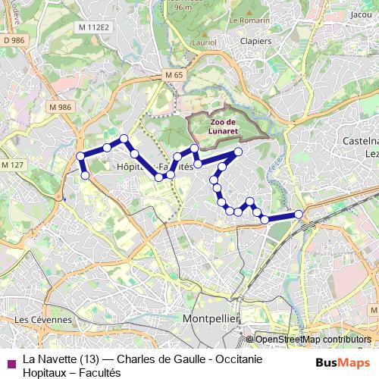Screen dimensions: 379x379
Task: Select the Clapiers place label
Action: tap(255, 41)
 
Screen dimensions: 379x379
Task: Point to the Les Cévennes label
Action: tap(43, 320)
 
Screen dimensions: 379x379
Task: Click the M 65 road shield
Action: tap(174, 76)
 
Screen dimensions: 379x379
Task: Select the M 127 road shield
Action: tap(13, 164)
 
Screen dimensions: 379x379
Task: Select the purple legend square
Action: tap(11, 363)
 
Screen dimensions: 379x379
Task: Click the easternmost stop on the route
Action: tap(299, 215)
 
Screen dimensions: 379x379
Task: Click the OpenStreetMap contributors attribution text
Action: tap(312, 340)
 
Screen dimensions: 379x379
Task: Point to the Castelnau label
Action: tap(361, 141)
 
